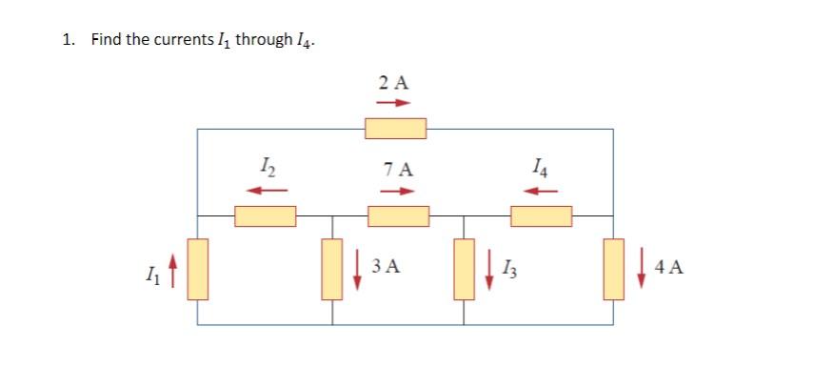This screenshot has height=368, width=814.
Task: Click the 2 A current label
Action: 393,83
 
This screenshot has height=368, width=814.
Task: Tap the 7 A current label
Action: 399,171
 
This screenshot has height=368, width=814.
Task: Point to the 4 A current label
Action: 669,267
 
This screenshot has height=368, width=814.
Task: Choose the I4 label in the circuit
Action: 542,170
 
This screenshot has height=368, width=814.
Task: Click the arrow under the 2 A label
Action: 395,102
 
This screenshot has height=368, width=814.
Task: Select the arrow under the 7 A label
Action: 399,190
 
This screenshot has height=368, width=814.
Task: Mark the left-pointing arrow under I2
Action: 268,190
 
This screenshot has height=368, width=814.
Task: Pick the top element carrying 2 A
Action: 396,128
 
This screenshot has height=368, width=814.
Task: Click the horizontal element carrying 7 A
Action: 399,216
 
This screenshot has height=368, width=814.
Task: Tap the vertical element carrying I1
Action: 198,269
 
